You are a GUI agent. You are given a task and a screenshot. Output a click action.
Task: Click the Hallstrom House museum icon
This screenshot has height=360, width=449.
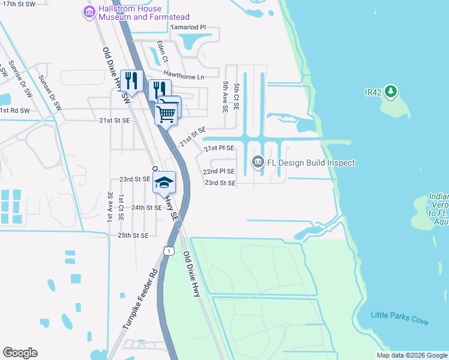coord(89,11)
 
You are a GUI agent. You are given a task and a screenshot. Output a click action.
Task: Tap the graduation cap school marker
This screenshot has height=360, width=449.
coord(164,184)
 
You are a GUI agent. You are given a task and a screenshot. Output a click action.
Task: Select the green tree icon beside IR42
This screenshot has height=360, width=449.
coord(391,92)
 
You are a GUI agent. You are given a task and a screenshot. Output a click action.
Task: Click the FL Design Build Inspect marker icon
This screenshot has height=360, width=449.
coord(258,163)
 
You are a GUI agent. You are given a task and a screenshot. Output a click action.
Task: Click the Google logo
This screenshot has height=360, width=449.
coord(20,353)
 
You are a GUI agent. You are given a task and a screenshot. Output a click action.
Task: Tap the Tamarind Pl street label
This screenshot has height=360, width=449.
coord(188,28)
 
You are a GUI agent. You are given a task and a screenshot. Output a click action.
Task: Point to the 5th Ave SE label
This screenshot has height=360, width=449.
coord(225,97)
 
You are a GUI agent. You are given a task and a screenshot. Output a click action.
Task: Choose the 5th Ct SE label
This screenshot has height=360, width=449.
coord(238,97)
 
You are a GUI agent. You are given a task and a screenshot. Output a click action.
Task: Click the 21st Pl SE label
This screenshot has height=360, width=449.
coord(219,148)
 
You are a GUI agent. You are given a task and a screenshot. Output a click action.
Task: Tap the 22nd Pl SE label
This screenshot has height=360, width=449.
coord(220,171)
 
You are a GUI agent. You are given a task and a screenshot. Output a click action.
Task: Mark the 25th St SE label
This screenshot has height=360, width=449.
coord(133,236)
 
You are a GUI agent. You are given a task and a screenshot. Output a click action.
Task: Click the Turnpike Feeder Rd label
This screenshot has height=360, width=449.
coord(140,297)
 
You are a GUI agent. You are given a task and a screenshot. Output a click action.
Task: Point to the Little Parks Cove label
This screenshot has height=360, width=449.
coord(400,318)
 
